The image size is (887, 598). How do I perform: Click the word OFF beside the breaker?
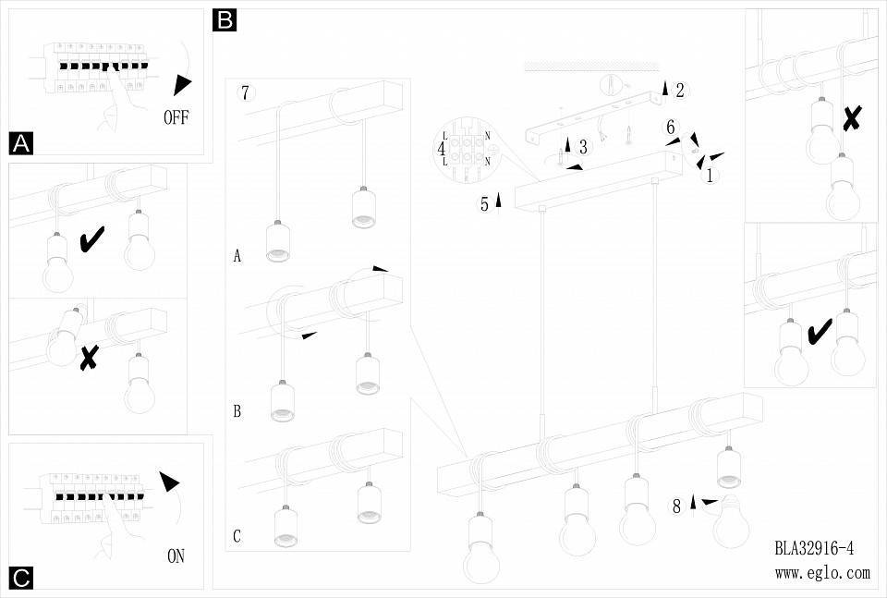click(x=182, y=117)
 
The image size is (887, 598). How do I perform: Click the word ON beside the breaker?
click(x=176, y=556)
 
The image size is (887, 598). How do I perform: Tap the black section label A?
click(x=21, y=143)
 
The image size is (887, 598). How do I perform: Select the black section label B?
click(x=225, y=19)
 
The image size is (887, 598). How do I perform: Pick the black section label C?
click(x=21, y=579)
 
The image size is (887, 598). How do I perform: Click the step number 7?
click(x=244, y=92)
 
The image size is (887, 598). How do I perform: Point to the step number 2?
click(x=680, y=90)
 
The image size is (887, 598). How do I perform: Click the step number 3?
click(x=583, y=147)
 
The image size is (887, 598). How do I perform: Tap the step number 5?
click(x=484, y=205)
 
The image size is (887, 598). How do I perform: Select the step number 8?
click(x=677, y=506)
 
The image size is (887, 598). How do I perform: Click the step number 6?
click(x=672, y=128)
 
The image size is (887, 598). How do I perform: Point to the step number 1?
click(x=710, y=176)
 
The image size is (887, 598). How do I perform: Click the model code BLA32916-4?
click(x=814, y=548)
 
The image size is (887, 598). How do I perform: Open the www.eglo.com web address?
click(x=822, y=573)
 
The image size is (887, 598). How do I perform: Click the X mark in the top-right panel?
click(x=853, y=117)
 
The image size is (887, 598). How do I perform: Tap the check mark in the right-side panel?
click(x=818, y=331)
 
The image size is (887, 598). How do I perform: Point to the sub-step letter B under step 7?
click(x=237, y=411)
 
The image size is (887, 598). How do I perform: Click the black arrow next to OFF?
click(x=183, y=85)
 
